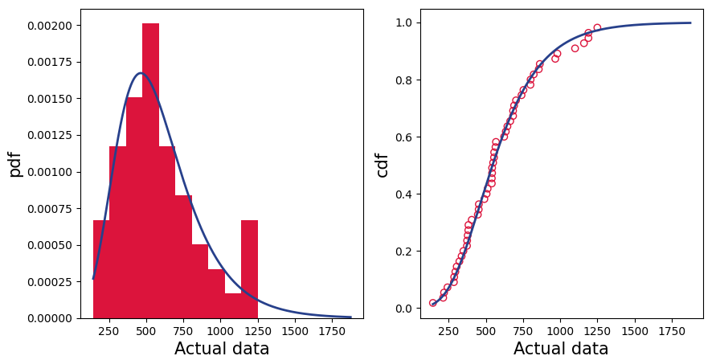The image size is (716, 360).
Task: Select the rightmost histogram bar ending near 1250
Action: [249, 269]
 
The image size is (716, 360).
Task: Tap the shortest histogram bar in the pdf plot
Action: [233, 306]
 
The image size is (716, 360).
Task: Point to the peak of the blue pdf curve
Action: [141, 73]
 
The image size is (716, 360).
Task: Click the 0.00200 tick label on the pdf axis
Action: [50, 26]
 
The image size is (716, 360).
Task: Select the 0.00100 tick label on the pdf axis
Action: [50, 172]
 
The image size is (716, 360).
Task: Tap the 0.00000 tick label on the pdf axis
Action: [50, 318]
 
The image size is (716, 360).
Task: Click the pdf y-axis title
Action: [15, 164]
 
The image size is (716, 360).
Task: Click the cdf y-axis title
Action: [383, 164]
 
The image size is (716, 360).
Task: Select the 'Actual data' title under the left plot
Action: [222, 349]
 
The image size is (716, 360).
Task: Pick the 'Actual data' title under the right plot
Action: [561, 349]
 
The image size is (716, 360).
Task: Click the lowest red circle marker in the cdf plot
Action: [433, 303]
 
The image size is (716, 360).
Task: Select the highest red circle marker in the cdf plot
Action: [597, 27]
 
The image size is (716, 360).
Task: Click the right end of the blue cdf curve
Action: [690, 22]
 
